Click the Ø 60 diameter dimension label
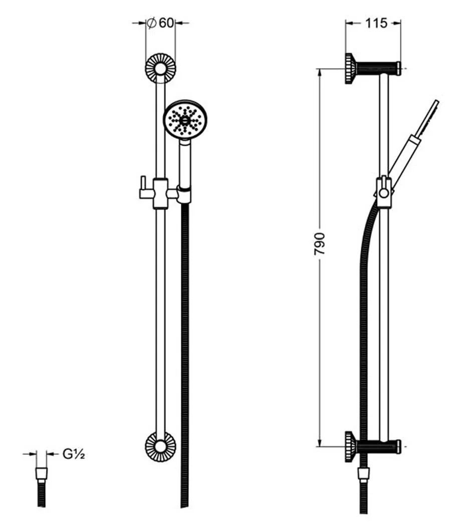coord(160,23)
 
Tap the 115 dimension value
coord(376,23)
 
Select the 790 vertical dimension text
coord(319,244)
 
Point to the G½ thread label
coord(74,454)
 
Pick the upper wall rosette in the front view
coord(160,68)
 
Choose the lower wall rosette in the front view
coord(160,446)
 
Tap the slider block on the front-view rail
coord(160,194)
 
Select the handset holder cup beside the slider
coord(184,195)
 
